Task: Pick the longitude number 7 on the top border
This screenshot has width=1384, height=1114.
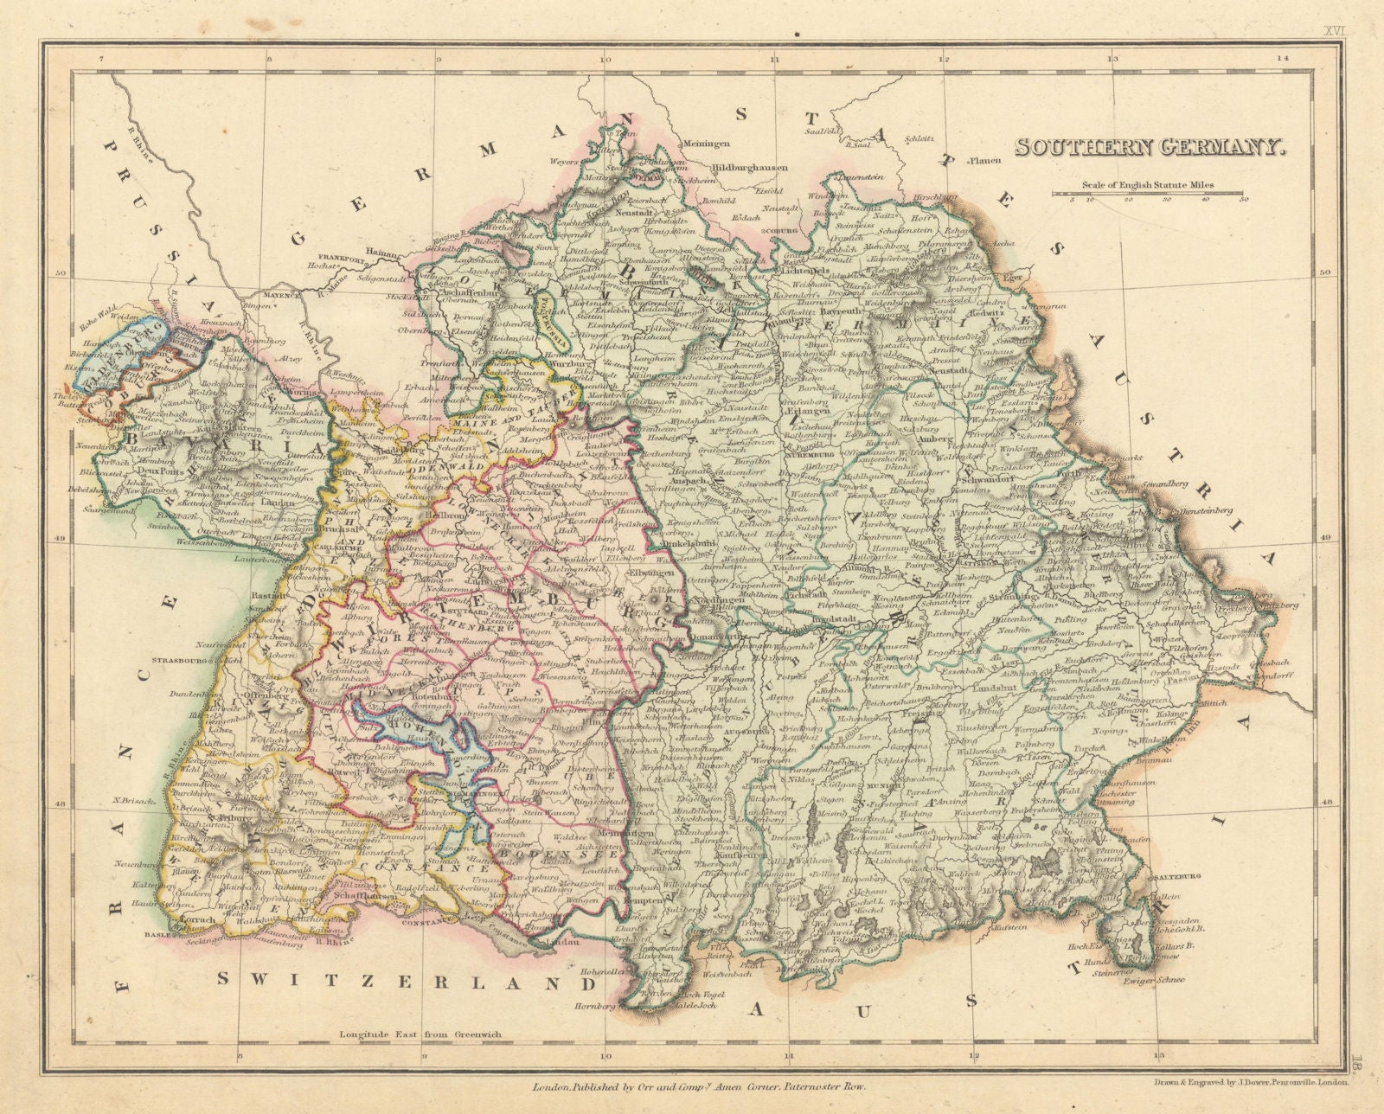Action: [101, 59]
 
